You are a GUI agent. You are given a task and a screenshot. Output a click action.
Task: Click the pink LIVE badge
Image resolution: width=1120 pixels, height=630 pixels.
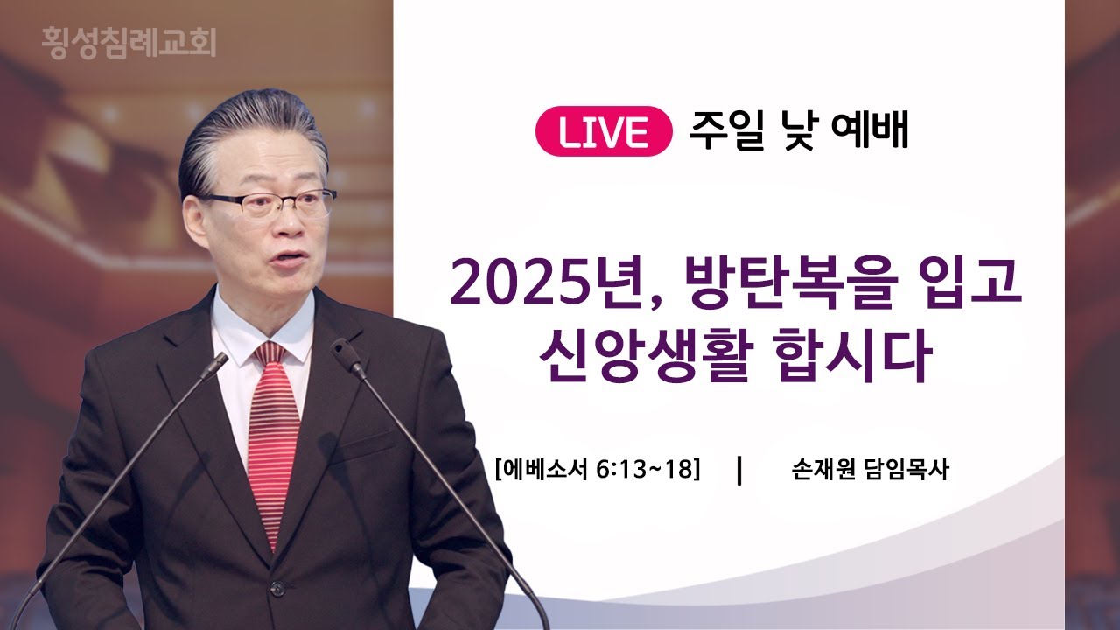604,131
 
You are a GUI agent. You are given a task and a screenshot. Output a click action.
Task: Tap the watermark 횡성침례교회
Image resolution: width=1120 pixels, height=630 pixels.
129,42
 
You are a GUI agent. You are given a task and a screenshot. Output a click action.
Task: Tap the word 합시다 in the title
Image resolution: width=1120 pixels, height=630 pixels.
852,356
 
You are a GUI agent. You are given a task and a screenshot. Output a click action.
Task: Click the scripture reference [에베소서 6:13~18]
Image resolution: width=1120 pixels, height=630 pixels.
598,470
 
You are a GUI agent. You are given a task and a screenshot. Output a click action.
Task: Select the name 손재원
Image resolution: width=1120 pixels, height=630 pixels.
823,470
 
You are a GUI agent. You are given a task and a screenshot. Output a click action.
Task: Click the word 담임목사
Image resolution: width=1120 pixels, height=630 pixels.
906,470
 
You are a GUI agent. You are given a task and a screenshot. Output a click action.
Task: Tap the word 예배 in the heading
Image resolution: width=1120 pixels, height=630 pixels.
870,130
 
